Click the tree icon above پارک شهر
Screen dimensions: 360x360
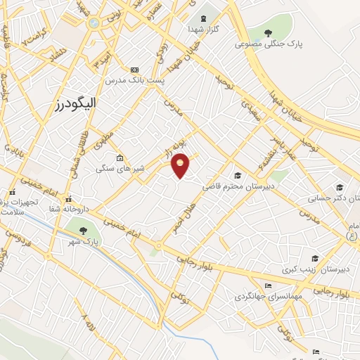click(83, 230)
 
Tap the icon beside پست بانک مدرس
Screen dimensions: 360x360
click(135, 70)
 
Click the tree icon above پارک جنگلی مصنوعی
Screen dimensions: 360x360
click(269, 32)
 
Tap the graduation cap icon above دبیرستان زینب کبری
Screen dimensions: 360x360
click(314, 258)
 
